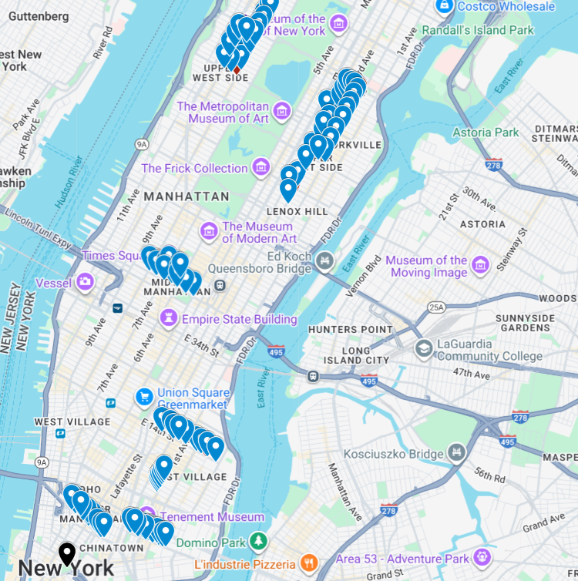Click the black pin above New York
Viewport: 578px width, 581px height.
[x=67, y=552]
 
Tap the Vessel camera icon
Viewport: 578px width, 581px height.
[x=85, y=283]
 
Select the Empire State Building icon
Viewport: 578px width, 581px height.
[x=168, y=318]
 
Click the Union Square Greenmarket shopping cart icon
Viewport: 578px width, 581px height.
[x=143, y=397]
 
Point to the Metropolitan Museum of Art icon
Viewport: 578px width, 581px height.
[x=282, y=112]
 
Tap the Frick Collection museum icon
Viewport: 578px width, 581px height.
[x=261, y=166]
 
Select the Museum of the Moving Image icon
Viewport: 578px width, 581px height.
[x=481, y=265]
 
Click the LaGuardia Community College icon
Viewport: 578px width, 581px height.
[x=423, y=349]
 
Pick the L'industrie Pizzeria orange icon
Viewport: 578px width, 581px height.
[x=309, y=561]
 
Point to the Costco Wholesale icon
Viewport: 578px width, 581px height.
[x=444, y=6]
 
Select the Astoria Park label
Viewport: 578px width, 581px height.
[x=486, y=133]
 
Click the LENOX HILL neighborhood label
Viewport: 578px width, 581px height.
[x=297, y=210]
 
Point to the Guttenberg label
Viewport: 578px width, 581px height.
[x=39, y=15]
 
